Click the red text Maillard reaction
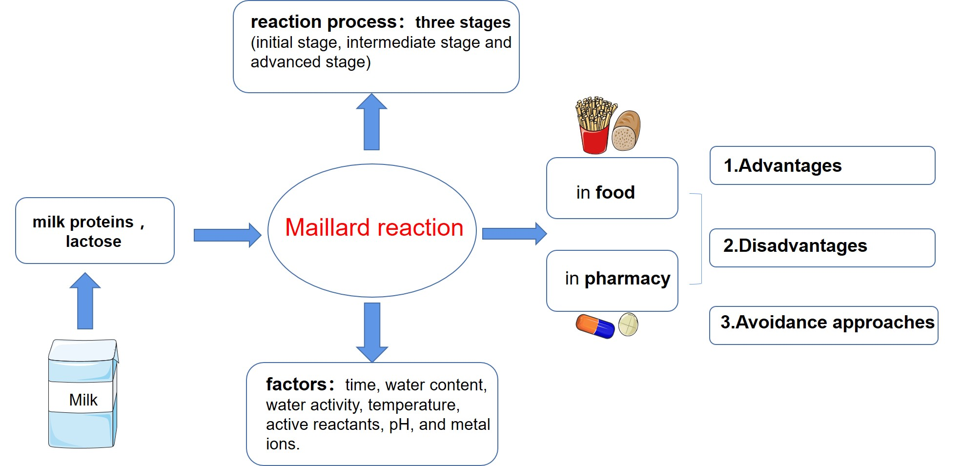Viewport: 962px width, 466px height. click(374, 228)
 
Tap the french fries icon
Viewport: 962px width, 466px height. click(594, 125)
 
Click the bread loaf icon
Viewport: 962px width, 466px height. click(626, 131)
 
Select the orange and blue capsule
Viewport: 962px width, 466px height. click(595, 326)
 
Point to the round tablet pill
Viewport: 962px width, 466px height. click(628, 324)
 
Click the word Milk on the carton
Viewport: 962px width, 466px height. click(83, 400)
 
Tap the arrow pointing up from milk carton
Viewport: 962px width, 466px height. click(85, 301)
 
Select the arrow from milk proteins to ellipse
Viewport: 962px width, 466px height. click(227, 235)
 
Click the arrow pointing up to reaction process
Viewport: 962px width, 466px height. click(371, 122)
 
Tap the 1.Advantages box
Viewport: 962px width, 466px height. click(822, 166)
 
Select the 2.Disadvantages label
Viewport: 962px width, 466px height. click(795, 246)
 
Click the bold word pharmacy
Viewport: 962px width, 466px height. click(627, 279)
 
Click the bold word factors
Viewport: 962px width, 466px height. click(296, 385)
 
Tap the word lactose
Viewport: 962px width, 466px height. click(93, 242)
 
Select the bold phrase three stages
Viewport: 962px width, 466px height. click(462, 22)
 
